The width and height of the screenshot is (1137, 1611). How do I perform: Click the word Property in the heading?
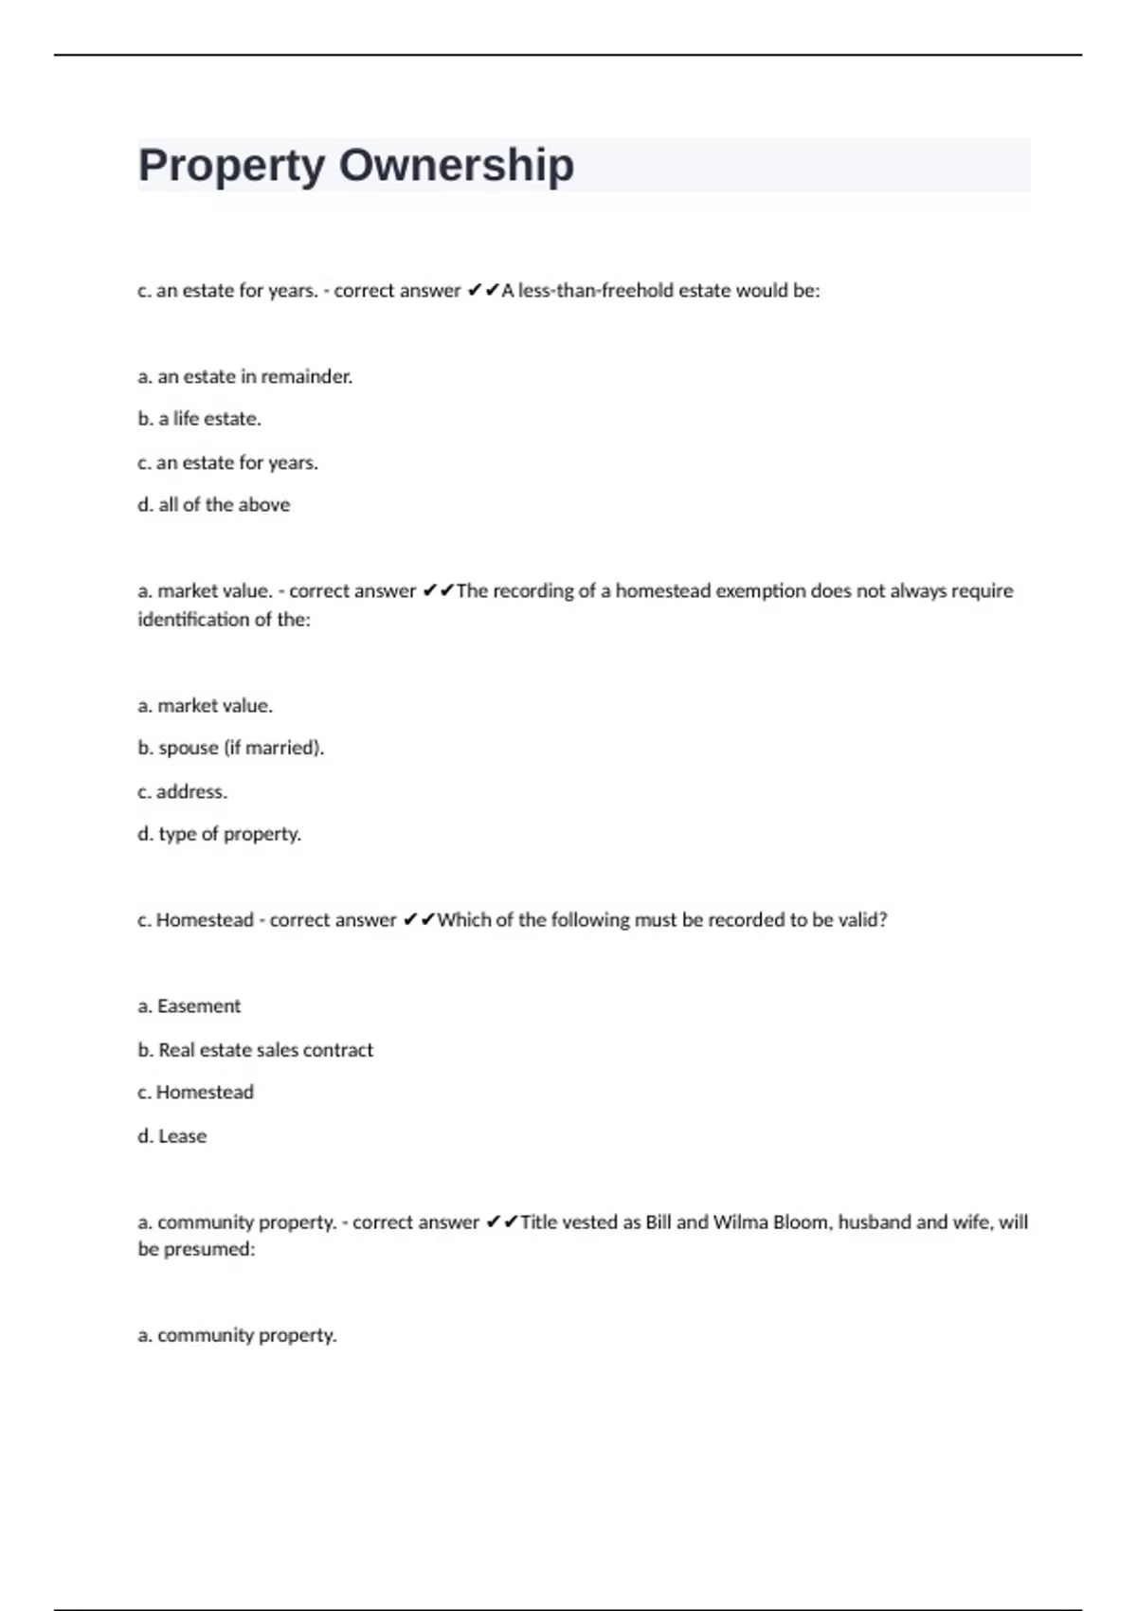coord(231,167)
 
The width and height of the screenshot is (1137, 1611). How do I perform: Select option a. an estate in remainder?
coord(244,376)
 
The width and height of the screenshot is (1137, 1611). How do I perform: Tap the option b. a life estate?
coord(199,419)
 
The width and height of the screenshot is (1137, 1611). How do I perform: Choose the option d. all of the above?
coord(213,505)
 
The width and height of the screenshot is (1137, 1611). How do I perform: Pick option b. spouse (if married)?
coord(230,748)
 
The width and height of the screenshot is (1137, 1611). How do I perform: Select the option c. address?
coord(182,791)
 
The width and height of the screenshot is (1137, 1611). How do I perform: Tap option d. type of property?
coord(219,834)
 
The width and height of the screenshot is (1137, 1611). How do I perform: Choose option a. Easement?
coord(189,1006)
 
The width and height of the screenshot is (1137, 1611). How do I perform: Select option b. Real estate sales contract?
coord(255,1050)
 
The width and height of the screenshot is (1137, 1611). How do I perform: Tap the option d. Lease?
coord(171,1136)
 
